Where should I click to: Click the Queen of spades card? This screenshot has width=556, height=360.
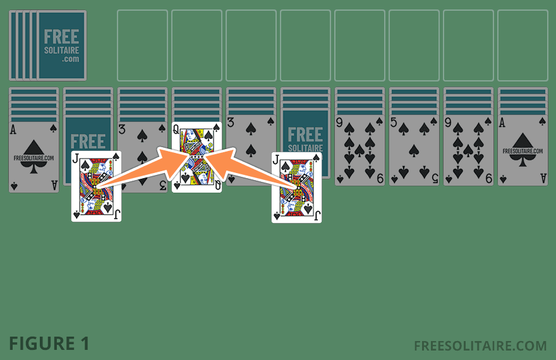click(x=196, y=157)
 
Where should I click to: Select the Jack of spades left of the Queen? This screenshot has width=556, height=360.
click(x=96, y=186)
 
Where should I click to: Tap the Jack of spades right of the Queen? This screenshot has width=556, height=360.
click(x=296, y=188)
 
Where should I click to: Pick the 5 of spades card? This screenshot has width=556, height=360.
click(x=414, y=150)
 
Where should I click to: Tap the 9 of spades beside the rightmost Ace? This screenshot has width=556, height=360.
click(x=468, y=150)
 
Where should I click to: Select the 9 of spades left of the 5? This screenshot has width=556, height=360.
click(x=360, y=150)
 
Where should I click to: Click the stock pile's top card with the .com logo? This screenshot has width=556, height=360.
click(x=61, y=45)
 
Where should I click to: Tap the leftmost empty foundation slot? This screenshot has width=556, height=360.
click(x=142, y=45)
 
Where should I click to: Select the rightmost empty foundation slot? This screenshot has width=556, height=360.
click(x=523, y=45)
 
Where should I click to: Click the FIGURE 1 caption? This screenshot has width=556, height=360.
click(x=49, y=344)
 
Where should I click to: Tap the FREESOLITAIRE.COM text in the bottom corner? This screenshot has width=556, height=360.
click(x=480, y=345)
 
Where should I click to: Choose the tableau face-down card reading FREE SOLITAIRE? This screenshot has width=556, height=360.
click(x=305, y=140)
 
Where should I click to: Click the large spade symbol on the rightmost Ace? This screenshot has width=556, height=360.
click(x=523, y=147)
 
